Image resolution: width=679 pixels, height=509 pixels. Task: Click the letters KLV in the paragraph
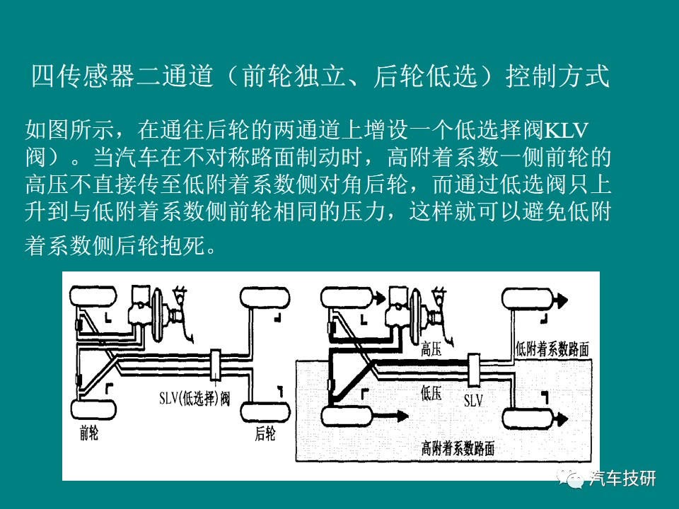tap(566, 130)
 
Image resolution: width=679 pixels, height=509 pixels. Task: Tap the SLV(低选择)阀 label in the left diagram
tap(195, 398)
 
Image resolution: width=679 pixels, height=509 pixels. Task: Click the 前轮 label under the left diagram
tap(89, 433)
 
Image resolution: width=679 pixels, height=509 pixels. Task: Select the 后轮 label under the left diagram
tap(265, 433)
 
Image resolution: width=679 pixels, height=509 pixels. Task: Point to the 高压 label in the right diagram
tap(431, 349)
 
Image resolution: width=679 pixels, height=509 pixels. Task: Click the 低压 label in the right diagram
tap(431, 393)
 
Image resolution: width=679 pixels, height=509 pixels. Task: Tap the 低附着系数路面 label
tap(552, 349)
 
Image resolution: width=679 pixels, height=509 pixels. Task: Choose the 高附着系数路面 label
tap(458, 448)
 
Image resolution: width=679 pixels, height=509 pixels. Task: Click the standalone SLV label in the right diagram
tap(473, 400)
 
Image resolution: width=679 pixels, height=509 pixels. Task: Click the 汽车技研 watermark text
tap(622, 479)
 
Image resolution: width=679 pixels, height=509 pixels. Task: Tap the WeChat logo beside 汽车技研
tap(570, 478)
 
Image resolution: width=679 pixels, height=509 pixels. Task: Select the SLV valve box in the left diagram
tap(215, 365)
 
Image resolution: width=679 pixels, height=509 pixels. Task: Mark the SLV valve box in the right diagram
tap(474, 370)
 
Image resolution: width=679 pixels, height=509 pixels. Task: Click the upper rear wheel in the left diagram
tap(265, 298)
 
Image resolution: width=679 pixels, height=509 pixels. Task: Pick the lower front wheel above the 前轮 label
tap(93, 410)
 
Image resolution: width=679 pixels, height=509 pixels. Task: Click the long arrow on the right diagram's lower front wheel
tap(390, 416)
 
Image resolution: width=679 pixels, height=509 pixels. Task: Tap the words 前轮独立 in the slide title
tap(293, 76)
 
